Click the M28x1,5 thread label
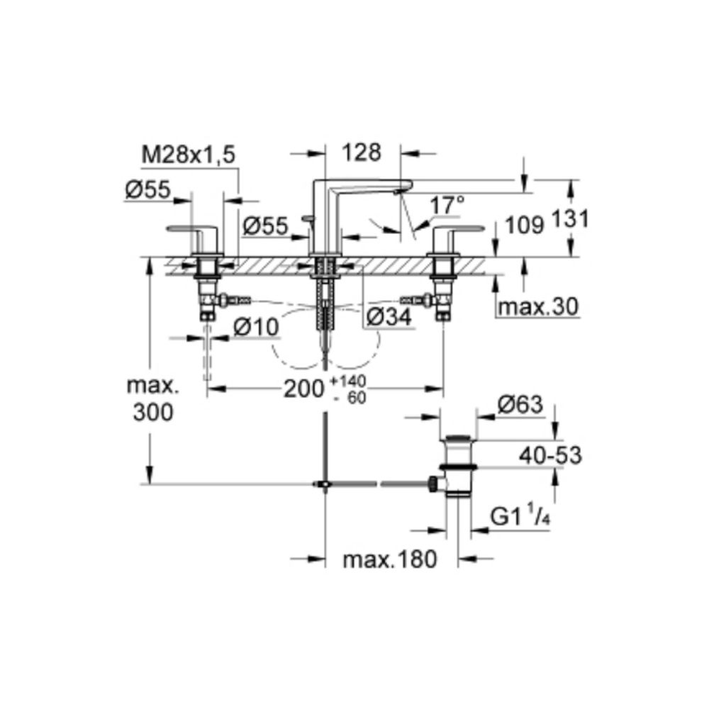[x=189, y=155]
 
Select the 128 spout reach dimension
[x=362, y=152]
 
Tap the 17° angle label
[x=447, y=206]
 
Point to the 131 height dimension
[x=571, y=219]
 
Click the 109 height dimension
[x=524, y=225]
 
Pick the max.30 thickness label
[x=538, y=307]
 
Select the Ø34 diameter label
[x=389, y=317]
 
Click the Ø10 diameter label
[x=256, y=326]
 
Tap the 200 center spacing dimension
[x=304, y=389]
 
